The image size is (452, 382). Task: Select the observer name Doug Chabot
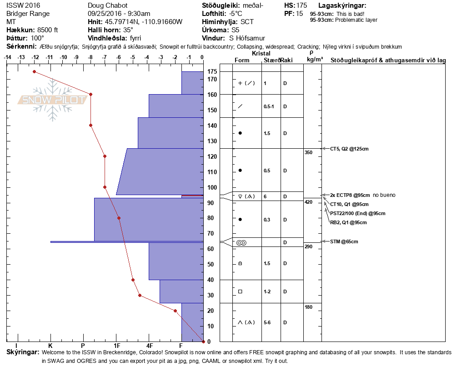(107, 5)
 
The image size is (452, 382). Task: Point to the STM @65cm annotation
(344, 241)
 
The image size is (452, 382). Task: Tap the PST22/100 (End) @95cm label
(358, 213)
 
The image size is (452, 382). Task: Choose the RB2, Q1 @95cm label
(348, 222)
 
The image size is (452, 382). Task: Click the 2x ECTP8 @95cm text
(350, 195)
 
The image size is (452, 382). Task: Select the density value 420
(308, 202)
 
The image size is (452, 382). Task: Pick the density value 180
(308, 307)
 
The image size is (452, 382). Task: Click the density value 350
(308, 152)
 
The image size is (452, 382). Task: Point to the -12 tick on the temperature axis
(35, 57)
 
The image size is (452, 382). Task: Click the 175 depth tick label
(212, 71)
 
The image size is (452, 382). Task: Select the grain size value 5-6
(268, 322)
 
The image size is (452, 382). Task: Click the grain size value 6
(265, 196)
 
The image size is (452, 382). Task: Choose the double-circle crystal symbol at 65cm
(241, 242)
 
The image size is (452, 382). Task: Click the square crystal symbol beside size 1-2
(240, 292)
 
